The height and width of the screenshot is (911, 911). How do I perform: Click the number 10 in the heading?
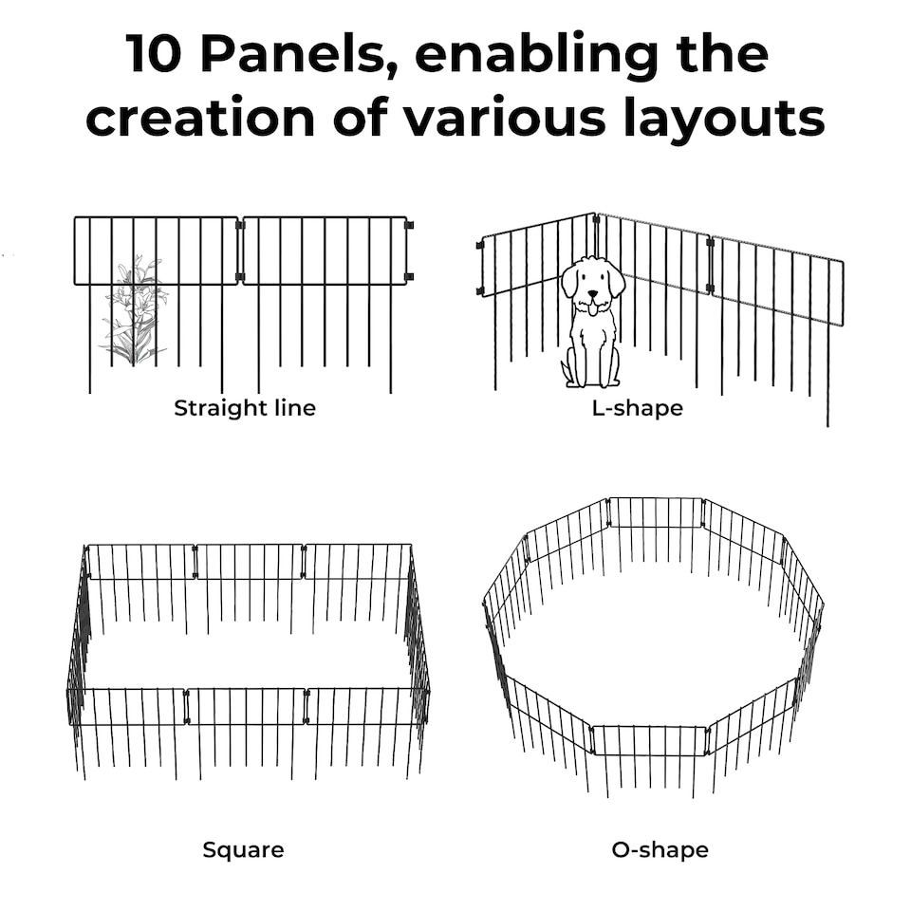click(x=156, y=55)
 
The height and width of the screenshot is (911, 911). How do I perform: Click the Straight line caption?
click(x=244, y=409)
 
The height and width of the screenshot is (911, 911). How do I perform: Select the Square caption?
click(x=243, y=849)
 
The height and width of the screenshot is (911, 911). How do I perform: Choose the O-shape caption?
click(x=660, y=849)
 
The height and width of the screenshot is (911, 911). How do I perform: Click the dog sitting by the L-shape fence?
click(x=591, y=323)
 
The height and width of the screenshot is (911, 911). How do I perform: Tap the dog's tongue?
click(x=592, y=307)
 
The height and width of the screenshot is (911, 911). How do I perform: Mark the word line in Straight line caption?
click(x=291, y=409)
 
